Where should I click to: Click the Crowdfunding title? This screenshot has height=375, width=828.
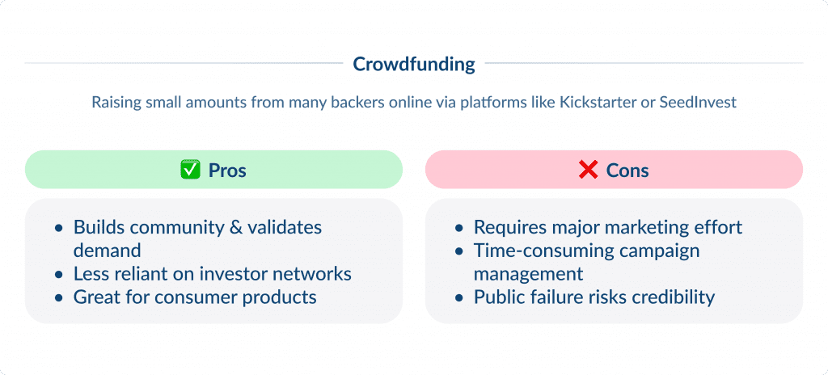click(414, 64)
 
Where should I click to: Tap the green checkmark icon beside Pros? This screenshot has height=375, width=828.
click(190, 171)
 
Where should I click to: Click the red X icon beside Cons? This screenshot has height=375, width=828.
click(588, 171)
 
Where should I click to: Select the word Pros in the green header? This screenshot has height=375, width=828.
click(227, 171)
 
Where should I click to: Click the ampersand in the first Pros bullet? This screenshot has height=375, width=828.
click(236, 227)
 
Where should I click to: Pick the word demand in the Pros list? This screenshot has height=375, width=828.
click(107, 251)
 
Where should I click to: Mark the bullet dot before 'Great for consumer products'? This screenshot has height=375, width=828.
click(58, 297)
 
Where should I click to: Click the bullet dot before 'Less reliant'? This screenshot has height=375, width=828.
click(58, 275)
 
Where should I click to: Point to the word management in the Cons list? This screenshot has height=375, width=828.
click(528, 274)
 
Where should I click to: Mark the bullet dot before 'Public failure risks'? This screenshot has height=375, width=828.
click(458, 297)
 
